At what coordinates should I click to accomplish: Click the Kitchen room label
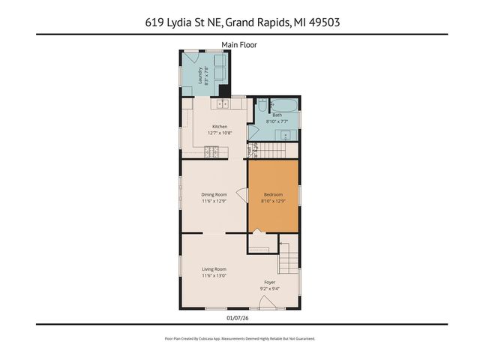[219, 127]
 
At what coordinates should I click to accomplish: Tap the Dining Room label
[214, 194]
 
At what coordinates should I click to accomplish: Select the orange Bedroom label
[273, 194]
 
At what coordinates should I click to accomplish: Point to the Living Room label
[214, 269]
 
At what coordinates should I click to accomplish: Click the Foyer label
[268, 283]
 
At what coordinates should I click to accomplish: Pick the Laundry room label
[201, 75]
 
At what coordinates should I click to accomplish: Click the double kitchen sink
[222, 103]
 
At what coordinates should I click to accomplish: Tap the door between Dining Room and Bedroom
[242, 195]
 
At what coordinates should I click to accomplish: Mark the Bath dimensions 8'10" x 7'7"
[277, 121]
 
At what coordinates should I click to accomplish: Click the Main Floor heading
[239, 45]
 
